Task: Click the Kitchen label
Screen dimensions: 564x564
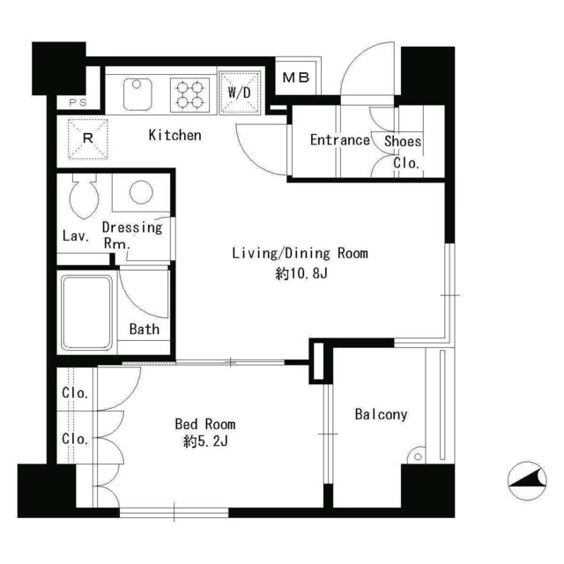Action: pos(174,135)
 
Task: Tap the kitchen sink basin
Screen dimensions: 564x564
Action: pos(137,94)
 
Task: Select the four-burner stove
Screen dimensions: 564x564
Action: pos(189,93)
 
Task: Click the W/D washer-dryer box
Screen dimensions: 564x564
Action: pos(240,93)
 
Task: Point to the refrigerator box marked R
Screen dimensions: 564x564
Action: pos(88,139)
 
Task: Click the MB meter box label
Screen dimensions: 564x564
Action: pos(296,78)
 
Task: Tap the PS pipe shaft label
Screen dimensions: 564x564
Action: pos(78,102)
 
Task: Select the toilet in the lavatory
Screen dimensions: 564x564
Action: pos(85,197)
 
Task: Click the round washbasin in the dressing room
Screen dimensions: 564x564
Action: pos(141,192)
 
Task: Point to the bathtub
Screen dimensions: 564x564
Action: pos(86,313)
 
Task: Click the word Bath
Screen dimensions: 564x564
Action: pos(145,329)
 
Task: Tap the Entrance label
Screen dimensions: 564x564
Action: pos(340,140)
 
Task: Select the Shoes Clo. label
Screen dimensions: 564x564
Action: pos(403,152)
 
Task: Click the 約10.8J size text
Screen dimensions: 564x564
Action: pos(301,274)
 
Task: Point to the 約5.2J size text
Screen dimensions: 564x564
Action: pos(205,442)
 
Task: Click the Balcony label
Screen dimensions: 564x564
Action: pos(381,414)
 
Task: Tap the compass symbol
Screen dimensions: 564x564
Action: pos(527,480)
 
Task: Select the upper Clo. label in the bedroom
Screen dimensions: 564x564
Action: pos(75,392)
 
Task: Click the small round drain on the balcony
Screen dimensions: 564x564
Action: pos(418,456)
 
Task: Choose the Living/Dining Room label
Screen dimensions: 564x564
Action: pos(300,253)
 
